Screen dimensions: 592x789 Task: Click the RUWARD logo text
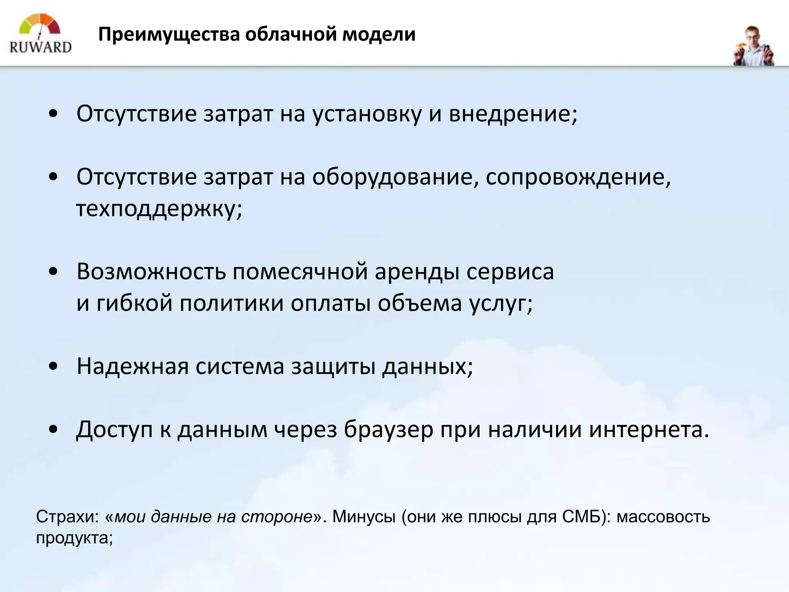tap(40, 47)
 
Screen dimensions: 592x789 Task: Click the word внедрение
tap(512, 114)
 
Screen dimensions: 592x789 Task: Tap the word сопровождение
tap(578, 177)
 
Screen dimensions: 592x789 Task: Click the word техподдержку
tap(159, 209)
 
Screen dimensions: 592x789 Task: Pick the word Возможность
tap(151, 272)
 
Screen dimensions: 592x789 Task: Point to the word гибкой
tap(134, 303)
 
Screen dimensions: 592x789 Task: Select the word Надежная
tap(133, 366)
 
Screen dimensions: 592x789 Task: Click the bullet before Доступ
tap(54, 429)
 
